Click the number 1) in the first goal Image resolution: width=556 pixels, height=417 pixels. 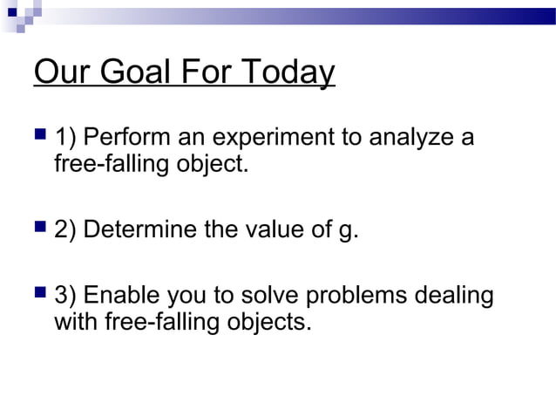(x=65, y=138)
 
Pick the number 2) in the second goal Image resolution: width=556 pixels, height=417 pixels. (x=65, y=232)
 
